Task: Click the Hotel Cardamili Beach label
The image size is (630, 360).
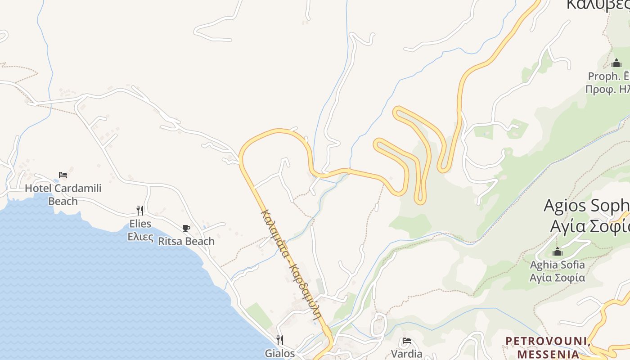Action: coord(63,194)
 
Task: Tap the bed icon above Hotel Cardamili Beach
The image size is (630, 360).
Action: coord(63,175)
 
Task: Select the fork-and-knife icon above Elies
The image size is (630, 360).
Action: coord(140,210)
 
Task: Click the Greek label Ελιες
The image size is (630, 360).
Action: coord(140,237)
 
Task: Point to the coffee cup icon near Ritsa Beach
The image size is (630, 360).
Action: coord(186,228)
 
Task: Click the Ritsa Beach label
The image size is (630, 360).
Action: coord(186,241)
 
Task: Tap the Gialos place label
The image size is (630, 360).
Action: coord(279,353)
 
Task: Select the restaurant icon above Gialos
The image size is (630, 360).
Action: coord(279,339)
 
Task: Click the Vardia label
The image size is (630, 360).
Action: coord(406,354)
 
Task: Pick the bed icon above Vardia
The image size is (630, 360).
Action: coord(407,341)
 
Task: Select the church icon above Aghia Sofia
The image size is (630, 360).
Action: coord(558,252)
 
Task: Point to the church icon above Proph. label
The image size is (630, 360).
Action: coord(616,63)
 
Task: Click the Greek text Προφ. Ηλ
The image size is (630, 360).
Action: coord(607,89)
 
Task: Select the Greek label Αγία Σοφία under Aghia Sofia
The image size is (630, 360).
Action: coord(557,278)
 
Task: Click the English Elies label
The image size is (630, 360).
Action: coord(140,224)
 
